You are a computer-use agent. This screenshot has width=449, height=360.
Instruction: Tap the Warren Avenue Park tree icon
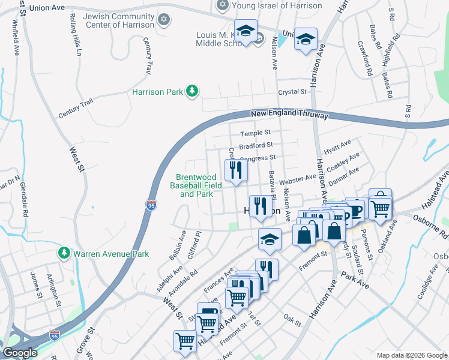pyautogui.click(x=64, y=254)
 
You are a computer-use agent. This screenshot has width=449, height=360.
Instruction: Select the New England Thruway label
pyautogui.click(x=289, y=114)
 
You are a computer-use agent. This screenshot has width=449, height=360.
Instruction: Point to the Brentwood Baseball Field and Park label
pyautogui.click(x=199, y=185)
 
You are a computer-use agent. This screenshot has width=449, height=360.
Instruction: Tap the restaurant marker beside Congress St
pyautogui.click(x=236, y=170)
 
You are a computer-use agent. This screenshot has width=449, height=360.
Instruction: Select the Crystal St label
pyautogui.click(x=292, y=92)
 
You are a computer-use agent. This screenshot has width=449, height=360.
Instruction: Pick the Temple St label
pyautogui.click(x=256, y=133)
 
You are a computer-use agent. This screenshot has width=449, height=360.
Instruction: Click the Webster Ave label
pyautogui.click(x=297, y=178)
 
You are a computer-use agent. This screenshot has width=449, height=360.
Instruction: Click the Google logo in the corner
pyautogui.click(x=20, y=353)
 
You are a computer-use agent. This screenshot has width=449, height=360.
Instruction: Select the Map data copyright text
pyautogui.click(x=411, y=355)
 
